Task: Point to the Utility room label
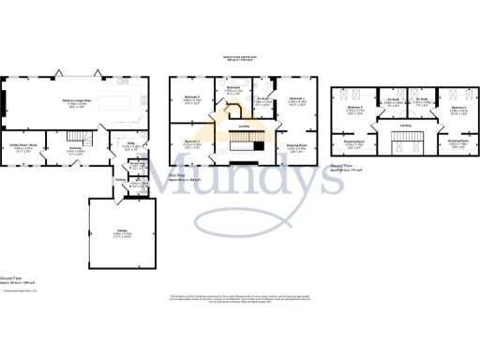(131, 146)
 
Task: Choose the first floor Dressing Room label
(296, 145)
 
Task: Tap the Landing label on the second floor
(405, 126)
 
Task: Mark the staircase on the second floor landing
(406, 145)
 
